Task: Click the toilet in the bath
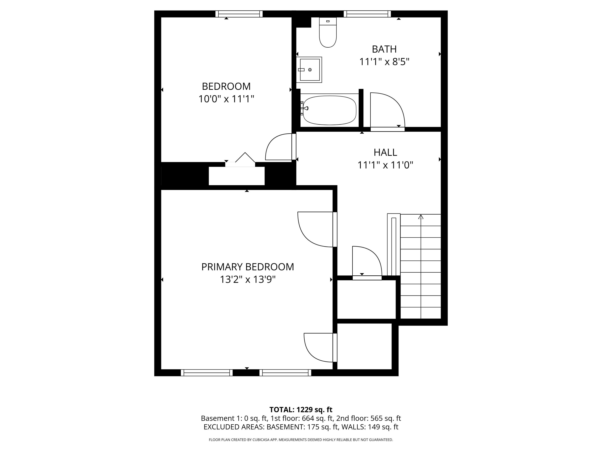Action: [328, 34]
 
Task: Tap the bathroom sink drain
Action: [310, 70]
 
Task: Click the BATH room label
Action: [384, 49]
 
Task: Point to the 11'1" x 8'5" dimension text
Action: [384, 62]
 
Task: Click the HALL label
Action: [385, 152]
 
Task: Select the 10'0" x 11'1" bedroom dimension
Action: [226, 99]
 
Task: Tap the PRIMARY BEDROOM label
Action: [247, 267]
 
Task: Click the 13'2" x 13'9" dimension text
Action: [247, 280]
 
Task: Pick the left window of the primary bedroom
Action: [206, 372]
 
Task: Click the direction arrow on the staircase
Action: [421, 217]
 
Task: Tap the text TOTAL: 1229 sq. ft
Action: [301, 409]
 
